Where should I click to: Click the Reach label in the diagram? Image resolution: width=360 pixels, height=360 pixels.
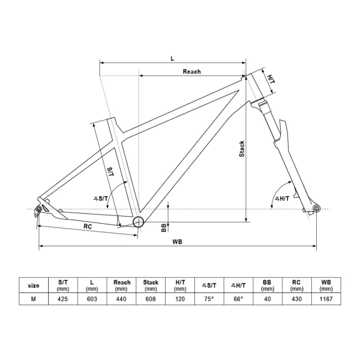192,71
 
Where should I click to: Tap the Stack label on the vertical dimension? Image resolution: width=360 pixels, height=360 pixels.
241,148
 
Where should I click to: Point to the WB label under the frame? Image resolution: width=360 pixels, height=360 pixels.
177,241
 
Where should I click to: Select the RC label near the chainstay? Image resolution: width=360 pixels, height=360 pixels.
88,226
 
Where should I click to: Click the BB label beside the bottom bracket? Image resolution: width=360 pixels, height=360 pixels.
164,227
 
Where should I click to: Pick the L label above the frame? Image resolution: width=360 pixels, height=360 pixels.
172,57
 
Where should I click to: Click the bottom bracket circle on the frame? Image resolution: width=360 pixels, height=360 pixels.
137,223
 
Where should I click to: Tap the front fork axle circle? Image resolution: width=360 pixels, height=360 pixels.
317,208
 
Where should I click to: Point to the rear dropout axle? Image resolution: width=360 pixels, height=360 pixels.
39,209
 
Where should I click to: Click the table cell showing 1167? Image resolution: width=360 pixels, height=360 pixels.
326,299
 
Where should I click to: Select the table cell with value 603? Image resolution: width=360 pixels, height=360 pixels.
92,299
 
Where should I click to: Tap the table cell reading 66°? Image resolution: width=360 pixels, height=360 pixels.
238,299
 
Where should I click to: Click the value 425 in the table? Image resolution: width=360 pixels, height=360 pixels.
63,299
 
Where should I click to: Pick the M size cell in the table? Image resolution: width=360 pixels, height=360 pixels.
34,299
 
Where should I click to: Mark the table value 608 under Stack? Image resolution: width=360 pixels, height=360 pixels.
151,299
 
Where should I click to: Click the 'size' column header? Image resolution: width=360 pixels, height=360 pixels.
34,285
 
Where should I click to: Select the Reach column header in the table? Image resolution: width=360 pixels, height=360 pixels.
122,285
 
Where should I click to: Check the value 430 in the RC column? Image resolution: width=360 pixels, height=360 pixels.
297,299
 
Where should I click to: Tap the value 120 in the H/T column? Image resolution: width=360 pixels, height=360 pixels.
180,299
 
